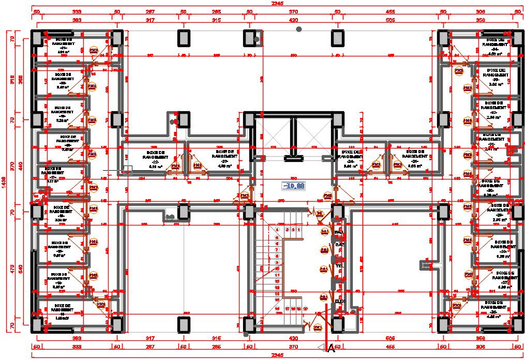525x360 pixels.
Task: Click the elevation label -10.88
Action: (x=293, y=186)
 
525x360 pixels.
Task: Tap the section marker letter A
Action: (x=331, y=349)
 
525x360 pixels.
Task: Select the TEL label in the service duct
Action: (x=339, y=266)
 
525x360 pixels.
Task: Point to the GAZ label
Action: (x=339, y=244)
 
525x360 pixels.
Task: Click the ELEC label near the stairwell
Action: (x=340, y=301)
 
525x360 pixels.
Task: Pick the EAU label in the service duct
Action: (x=339, y=232)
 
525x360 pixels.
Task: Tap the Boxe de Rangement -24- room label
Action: (x=350, y=159)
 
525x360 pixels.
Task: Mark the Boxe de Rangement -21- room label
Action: (x=64, y=46)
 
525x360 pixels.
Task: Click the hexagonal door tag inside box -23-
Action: (x=197, y=166)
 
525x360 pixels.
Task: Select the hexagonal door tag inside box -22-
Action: (x=175, y=166)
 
